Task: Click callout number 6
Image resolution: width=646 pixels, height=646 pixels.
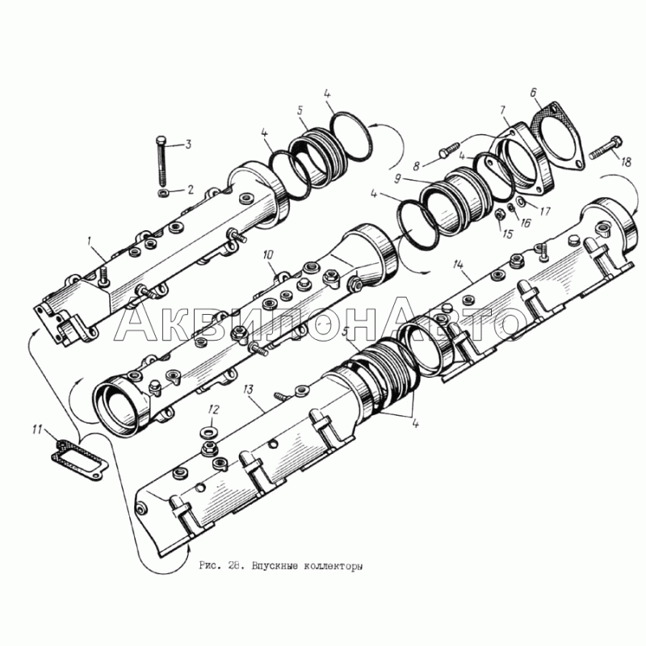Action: pyautogui.click(x=533, y=92)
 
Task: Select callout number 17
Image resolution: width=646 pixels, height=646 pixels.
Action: pyautogui.click(x=543, y=212)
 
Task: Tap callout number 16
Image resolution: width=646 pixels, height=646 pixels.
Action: pyautogui.click(x=525, y=223)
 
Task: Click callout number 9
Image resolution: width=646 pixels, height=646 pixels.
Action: pyautogui.click(x=398, y=179)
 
